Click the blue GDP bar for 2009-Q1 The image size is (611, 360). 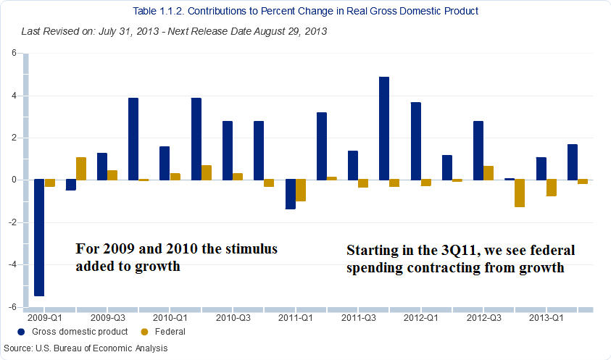[x=39, y=238]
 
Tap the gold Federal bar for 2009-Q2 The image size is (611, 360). [x=81, y=168]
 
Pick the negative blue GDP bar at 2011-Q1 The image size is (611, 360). [x=290, y=194]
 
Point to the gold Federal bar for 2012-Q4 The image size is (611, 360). [x=519, y=193]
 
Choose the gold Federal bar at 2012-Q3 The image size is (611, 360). [x=489, y=172]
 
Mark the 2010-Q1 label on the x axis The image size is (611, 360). [x=170, y=317]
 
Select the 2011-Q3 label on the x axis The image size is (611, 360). [x=358, y=317]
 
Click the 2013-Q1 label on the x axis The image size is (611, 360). [x=546, y=317]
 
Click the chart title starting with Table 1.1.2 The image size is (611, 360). [x=306, y=12]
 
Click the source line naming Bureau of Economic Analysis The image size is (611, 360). [x=85, y=348]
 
